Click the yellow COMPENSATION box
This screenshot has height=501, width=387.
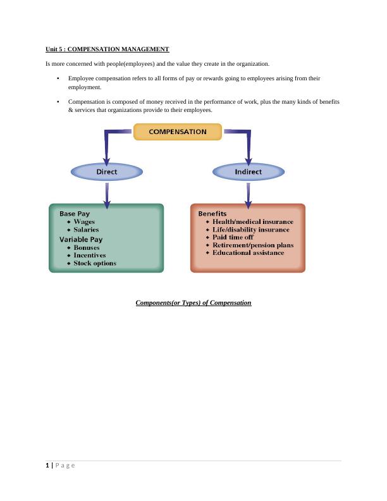coord(177,132)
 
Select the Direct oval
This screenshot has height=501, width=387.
coord(107,171)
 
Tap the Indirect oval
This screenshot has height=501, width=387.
coord(249,171)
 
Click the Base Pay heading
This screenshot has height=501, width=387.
coord(75,214)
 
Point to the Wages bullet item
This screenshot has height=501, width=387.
coord(84,222)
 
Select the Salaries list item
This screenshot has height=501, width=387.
coord(86,230)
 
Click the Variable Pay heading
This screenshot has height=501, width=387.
coord(81,240)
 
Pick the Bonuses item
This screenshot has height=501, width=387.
coord(87,248)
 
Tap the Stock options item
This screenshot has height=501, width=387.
coord(95,263)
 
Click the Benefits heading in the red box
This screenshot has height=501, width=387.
coord(212,214)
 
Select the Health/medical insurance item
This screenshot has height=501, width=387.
coord(252,222)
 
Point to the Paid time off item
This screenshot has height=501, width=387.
coord(233,237)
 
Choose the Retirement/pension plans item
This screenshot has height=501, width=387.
coord(253,245)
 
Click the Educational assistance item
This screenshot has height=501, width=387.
coord(248,253)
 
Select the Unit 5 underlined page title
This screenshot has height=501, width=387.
coord(107,49)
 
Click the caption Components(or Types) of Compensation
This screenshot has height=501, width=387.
coord(193,303)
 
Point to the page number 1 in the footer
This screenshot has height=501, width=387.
coord(47,466)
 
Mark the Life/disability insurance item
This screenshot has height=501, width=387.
coord(250,230)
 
